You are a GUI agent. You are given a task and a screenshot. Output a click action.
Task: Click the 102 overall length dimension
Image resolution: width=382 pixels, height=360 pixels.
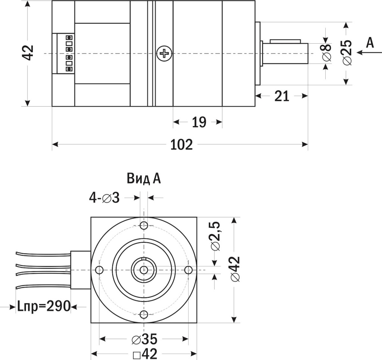182,145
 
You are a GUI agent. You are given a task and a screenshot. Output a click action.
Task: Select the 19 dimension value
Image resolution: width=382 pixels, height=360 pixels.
199,122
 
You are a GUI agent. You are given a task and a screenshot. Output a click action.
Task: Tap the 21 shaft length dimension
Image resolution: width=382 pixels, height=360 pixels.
282,96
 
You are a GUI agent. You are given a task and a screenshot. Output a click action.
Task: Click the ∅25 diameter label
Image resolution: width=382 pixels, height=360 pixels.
347,52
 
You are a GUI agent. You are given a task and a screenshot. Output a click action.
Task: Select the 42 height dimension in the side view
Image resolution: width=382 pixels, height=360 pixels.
28,53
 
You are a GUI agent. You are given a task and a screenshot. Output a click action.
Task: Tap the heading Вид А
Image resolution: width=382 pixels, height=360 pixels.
144,179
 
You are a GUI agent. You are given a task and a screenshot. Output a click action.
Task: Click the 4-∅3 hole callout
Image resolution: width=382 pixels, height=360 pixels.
104,198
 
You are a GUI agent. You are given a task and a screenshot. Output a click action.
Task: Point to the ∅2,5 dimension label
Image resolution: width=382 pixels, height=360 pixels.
216,236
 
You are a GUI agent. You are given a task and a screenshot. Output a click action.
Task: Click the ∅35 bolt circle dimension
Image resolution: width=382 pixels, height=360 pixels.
144,339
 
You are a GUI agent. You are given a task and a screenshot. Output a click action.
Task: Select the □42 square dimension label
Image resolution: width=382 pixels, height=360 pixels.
145,354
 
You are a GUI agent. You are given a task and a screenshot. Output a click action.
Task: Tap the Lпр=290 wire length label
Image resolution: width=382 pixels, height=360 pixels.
44,306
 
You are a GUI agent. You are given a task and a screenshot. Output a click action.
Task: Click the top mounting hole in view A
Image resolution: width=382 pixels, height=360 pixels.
144,225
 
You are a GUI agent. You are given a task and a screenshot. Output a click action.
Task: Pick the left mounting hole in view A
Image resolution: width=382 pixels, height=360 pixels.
99,270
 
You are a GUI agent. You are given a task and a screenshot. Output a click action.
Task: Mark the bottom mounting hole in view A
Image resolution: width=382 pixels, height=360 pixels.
144,314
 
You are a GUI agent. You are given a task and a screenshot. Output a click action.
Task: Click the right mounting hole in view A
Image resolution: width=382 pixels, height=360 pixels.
189,270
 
